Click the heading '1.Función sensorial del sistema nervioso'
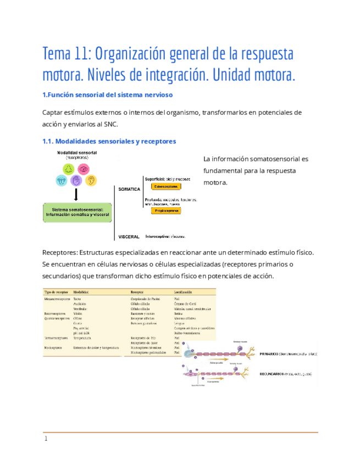(x=108, y=95)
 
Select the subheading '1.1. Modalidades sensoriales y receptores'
(x=109, y=141)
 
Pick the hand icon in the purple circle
(x=76, y=180)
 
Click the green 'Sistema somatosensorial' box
(x=77, y=212)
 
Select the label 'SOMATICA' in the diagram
(x=129, y=188)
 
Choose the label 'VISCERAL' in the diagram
(x=129, y=237)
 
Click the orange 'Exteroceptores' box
(x=166, y=186)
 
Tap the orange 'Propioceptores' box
(x=166, y=210)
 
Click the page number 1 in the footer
(x=46, y=439)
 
